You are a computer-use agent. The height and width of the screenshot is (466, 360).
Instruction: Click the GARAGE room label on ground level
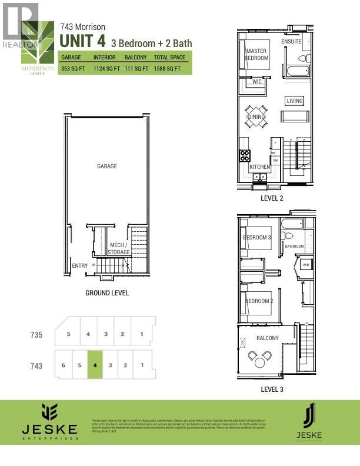(107, 166)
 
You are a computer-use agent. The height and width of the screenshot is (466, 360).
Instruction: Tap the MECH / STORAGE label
(119, 248)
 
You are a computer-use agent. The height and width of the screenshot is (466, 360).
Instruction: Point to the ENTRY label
(79, 266)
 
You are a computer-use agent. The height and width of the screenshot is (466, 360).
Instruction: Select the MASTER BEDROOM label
(256, 55)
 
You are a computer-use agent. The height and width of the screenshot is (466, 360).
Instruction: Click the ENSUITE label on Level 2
(291, 42)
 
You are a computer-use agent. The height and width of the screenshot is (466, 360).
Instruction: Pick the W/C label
(257, 82)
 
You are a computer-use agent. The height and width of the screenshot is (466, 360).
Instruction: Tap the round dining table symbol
(256, 116)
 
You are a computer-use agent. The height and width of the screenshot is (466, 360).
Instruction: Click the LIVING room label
(295, 101)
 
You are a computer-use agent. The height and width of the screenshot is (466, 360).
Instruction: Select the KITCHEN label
(259, 167)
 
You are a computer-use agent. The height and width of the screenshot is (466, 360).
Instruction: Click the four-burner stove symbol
(245, 155)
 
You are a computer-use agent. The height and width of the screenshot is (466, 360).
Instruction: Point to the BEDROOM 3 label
(257, 238)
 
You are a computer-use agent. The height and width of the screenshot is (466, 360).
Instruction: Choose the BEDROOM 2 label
(259, 301)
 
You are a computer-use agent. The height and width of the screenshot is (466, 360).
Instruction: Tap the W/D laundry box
(306, 265)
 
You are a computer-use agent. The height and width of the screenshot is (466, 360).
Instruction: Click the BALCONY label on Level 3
(268, 338)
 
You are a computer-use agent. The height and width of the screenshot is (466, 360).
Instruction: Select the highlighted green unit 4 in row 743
(95, 365)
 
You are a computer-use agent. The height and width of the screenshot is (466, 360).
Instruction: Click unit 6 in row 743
(63, 365)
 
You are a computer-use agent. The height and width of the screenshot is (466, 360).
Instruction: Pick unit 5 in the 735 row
(69, 334)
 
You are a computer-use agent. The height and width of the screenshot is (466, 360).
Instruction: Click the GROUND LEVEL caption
(107, 293)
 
